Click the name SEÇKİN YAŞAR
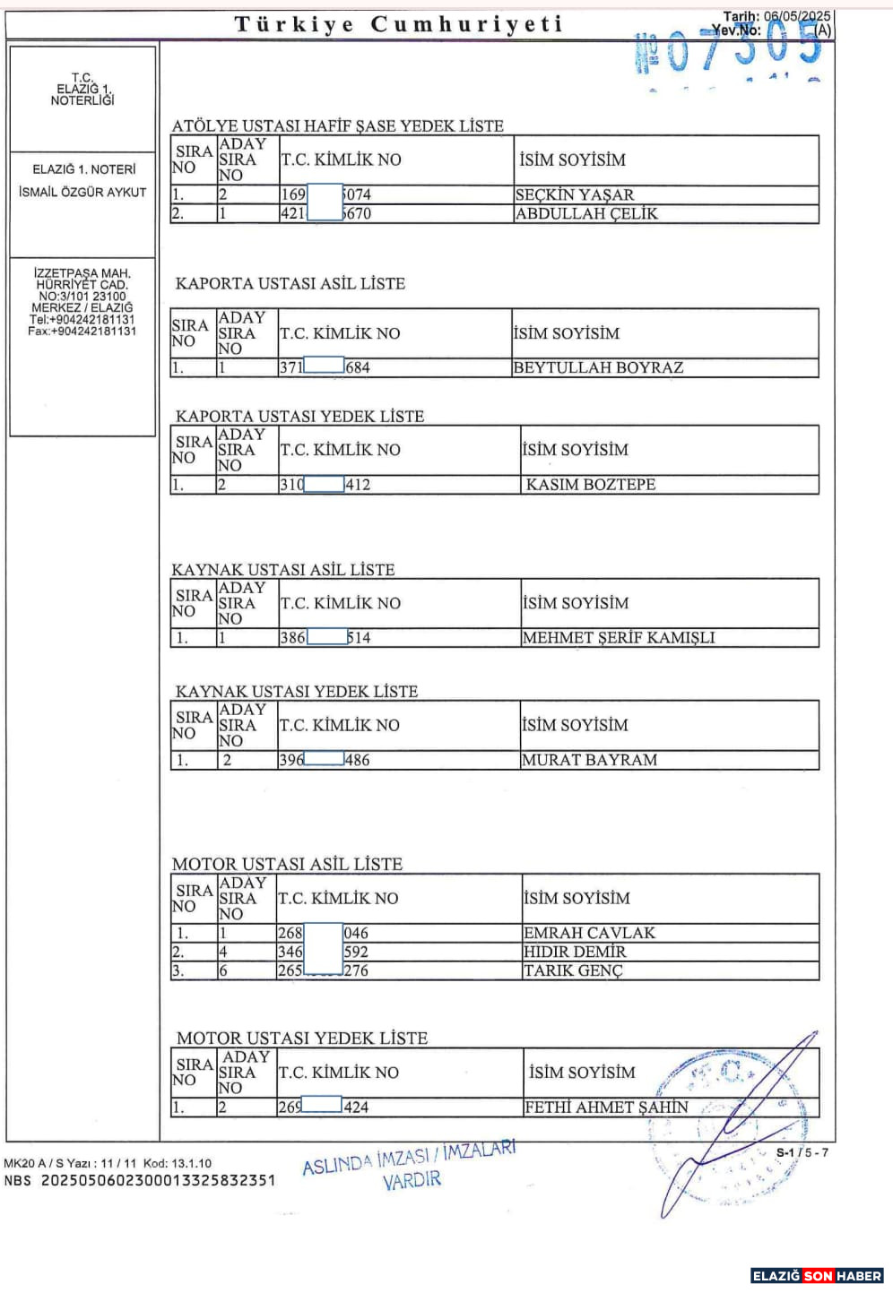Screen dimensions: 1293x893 pos(575,194)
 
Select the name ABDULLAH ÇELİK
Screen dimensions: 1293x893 pos(586,214)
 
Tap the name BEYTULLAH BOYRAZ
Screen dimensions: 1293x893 pos(598,367)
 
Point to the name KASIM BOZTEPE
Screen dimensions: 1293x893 pos(590,485)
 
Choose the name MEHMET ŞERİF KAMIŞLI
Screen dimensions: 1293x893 pos(619,638)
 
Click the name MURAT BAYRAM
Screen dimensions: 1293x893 pos(589,760)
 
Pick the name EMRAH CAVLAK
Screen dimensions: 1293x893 pos(589,933)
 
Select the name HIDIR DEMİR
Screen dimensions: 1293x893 pos(575,952)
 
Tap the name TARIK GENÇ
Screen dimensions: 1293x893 pos(572,970)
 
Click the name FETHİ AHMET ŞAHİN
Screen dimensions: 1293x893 pos(606,1108)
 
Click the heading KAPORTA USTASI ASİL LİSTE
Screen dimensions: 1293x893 pos(290,284)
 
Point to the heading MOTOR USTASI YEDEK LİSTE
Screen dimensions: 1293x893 pos(302,1039)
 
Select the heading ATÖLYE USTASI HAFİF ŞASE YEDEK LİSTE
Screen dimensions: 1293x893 pos(338,126)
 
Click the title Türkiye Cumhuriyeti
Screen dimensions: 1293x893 pos(399,24)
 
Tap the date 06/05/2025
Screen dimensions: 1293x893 pos(797,16)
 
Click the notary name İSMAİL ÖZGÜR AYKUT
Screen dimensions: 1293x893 pos(82,192)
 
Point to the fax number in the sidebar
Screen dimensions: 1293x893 pos(82,332)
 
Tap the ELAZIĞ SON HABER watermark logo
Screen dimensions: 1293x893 pos(817,1276)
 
